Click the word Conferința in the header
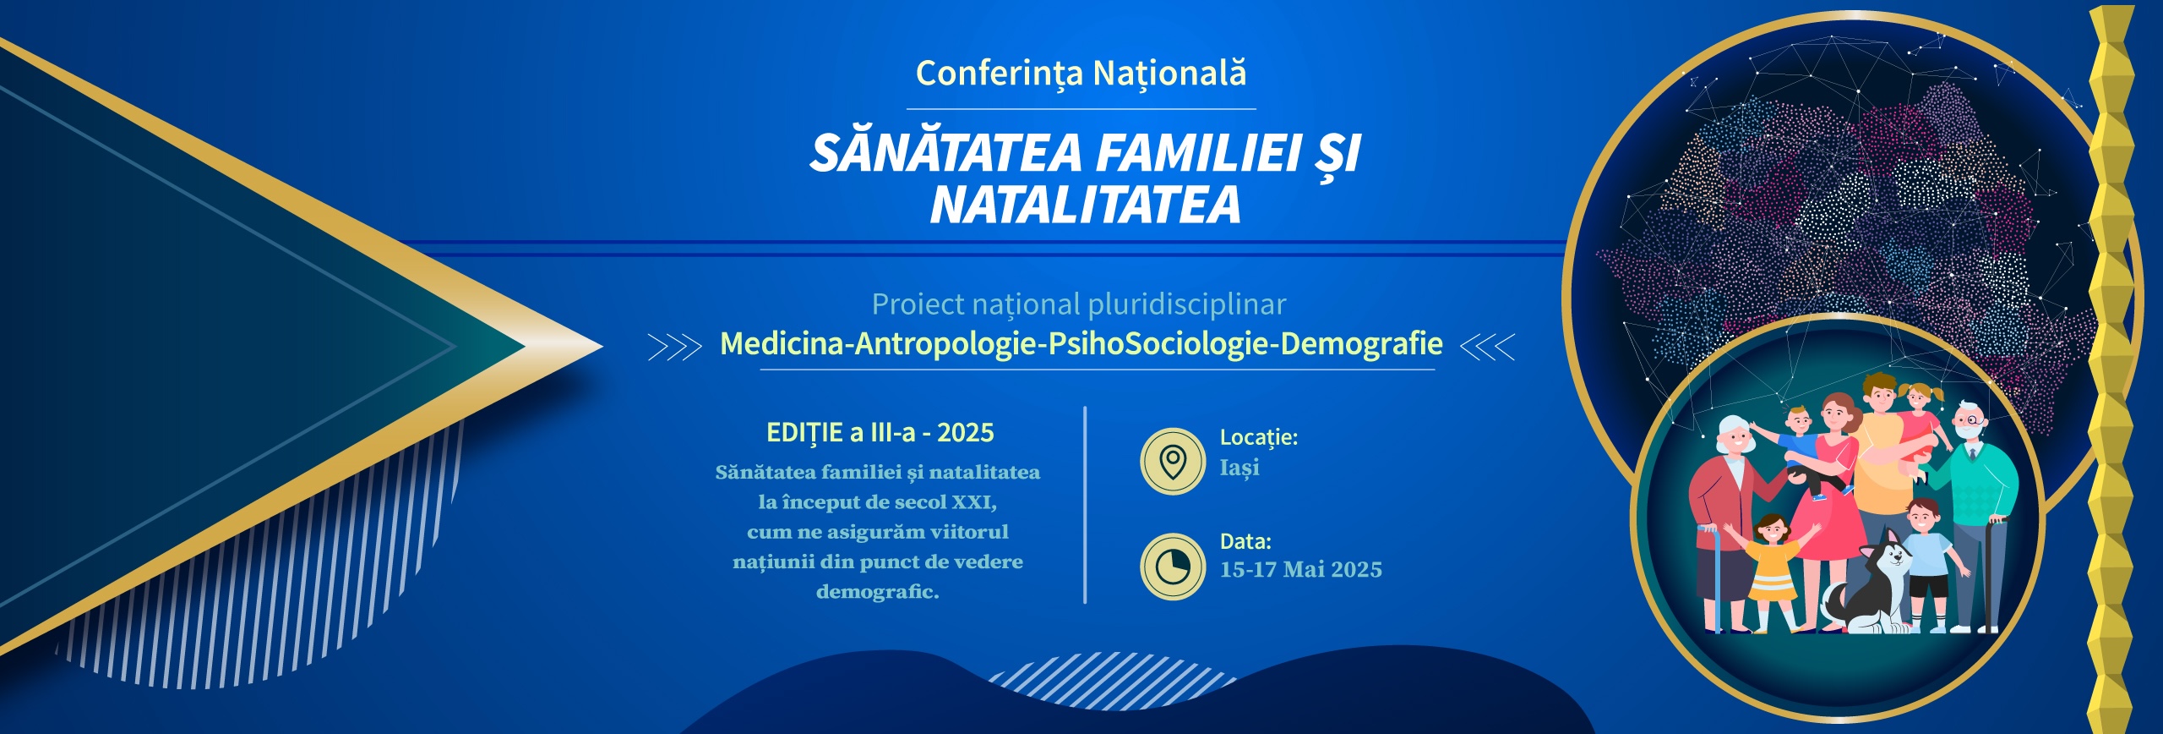coord(999,74)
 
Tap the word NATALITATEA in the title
coord(1086,205)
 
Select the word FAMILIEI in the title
coord(1199,154)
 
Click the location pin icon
coord(1172,461)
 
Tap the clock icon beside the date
coord(1172,567)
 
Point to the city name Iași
coord(1240,468)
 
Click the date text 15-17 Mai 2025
coord(1301,570)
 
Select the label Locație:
coord(1259,437)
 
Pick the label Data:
coord(1245,541)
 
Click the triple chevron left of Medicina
coord(674,347)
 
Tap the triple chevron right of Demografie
coord(1488,347)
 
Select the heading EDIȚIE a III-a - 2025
coord(880,433)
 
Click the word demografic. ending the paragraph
coord(878,592)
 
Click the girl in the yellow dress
coord(1771,572)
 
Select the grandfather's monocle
coord(1971,420)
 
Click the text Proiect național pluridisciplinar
coord(1079,304)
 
